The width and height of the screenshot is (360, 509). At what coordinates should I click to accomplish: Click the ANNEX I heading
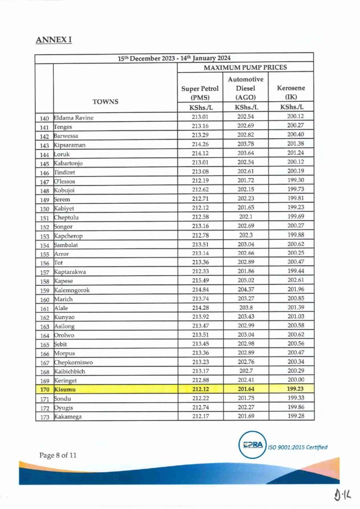coord(54,39)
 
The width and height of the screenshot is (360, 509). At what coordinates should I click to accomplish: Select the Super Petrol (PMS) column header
coord(200,93)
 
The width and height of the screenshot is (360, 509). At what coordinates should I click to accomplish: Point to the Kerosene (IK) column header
coord(291,92)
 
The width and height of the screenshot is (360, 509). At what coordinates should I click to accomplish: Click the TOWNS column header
coord(105,101)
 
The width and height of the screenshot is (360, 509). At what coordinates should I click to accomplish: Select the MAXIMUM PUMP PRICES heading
coord(246,67)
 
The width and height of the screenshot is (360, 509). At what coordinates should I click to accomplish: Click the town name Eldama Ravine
coord(74,118)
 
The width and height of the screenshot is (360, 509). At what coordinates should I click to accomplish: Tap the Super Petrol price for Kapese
coord(200,281)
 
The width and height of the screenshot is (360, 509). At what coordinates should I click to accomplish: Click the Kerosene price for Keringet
coord(291,381)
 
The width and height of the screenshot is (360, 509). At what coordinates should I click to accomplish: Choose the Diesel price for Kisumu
coord(246,390)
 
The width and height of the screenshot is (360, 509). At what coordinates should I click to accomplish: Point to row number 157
coord(44,272)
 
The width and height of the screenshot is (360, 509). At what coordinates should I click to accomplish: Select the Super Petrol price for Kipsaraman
coord(200,145)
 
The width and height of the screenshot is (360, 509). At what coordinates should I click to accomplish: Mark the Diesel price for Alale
coord(246,308)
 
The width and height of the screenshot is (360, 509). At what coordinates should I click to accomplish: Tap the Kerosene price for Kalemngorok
coord(291,290)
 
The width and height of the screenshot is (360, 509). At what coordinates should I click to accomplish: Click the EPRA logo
coord(253,445)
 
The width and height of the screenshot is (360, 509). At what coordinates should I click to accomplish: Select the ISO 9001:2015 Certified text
coord(298,447)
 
